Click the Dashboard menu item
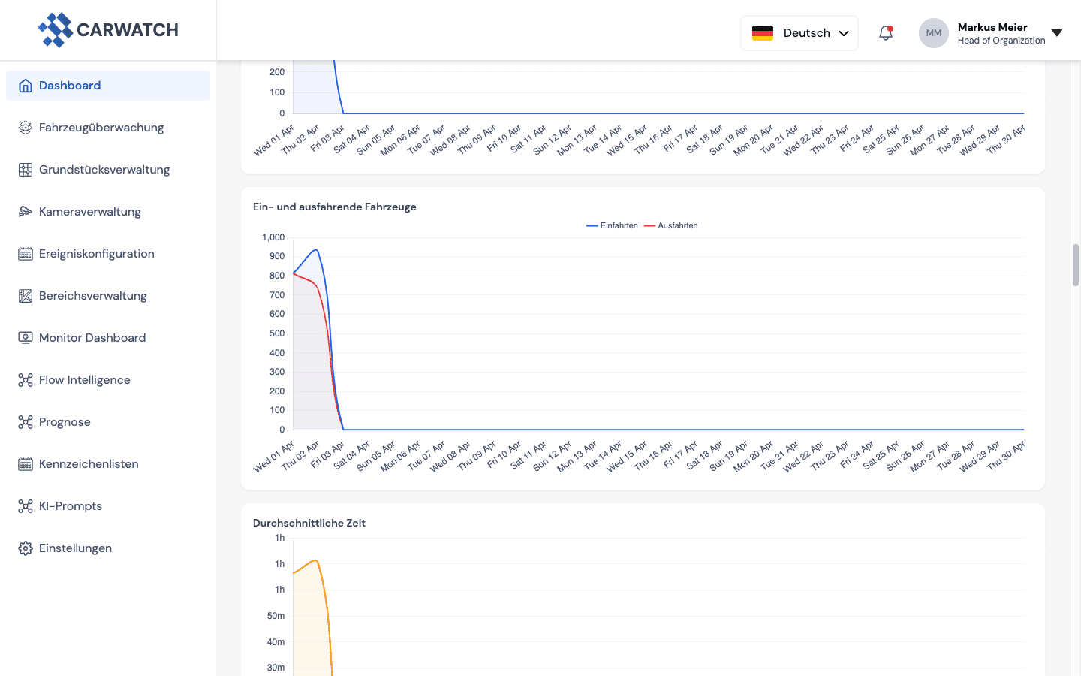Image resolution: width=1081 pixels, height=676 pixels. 70,86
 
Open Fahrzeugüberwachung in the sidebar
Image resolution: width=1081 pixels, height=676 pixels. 101,128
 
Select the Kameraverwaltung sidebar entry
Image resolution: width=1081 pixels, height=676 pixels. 89,212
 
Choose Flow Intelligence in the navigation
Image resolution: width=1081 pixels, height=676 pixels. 84,380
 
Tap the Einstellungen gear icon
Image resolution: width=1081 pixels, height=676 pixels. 26,548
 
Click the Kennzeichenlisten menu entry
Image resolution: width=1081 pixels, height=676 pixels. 89,464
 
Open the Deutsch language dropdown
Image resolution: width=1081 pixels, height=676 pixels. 799,33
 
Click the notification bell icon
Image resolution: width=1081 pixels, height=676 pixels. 886,33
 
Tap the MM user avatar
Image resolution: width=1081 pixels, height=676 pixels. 933,33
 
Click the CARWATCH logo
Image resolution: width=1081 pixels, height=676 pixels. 108,30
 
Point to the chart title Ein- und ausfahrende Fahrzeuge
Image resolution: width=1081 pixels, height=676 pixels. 334,207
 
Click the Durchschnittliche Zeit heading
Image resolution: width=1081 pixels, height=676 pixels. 309,523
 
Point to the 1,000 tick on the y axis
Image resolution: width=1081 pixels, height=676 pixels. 273,237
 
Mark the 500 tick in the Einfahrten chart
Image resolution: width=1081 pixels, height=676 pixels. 277,333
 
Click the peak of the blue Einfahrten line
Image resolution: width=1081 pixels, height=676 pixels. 316,250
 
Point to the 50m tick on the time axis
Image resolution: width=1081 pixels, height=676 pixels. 276,616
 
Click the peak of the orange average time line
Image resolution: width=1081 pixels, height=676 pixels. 316,560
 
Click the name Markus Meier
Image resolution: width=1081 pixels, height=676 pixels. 992,27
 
